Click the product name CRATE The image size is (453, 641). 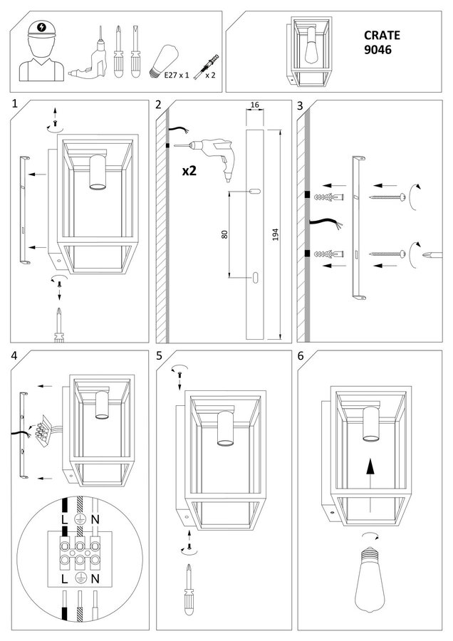click(x=382, y=34)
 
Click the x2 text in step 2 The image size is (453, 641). click(x=189, y=171)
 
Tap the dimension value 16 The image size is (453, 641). click(x=254, y=105)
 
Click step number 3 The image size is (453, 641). click(x=301, y=105)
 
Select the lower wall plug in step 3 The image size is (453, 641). click(x=330, y=253)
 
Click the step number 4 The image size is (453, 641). click(x=14, y=355)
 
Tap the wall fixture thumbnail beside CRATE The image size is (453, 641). click(x=306, y=50)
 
